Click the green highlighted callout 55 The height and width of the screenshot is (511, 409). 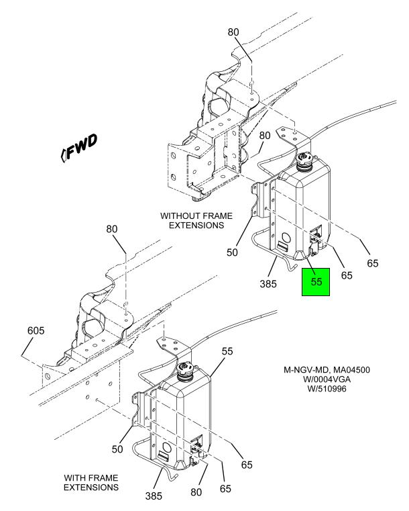coord(316,282)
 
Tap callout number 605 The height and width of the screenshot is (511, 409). coord(36,331)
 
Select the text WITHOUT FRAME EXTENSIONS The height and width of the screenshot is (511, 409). coord(196,221)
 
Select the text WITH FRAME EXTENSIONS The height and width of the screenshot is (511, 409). coord(91,483)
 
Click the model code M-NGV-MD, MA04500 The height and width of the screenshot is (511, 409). coord(327,370)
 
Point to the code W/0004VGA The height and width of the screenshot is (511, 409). coord(327,379)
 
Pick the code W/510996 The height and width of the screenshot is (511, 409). coord(327,389)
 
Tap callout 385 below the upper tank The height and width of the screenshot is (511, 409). coord(268,284)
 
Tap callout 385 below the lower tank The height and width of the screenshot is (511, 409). coord(154,496)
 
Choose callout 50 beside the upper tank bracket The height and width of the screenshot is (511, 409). coord(232,252)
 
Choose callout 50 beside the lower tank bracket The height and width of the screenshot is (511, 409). coord(117,449)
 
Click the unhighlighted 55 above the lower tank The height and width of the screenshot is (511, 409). coord(227,351)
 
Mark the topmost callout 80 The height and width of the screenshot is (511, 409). coord(233,32)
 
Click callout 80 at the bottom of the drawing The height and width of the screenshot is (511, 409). coord(196,492)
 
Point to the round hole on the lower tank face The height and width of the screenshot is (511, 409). coord(166,447)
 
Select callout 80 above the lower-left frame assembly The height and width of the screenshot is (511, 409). coord(111,229)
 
